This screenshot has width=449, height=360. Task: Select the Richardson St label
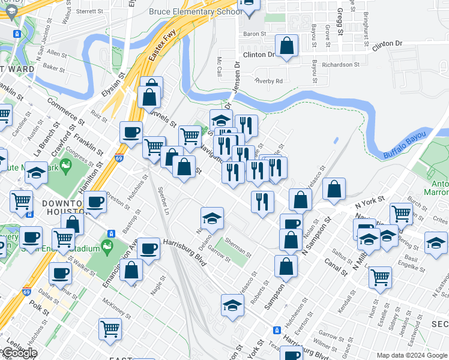(340, 64)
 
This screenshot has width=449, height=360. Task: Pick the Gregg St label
(339, 21)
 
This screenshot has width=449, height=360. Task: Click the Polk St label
(40, 307)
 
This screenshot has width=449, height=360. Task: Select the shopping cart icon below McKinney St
(110, 328)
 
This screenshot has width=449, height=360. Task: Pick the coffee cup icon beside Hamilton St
(95, 202)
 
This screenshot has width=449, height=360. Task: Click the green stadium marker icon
(107, 245)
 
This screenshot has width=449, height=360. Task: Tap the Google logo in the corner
(20, 353)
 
